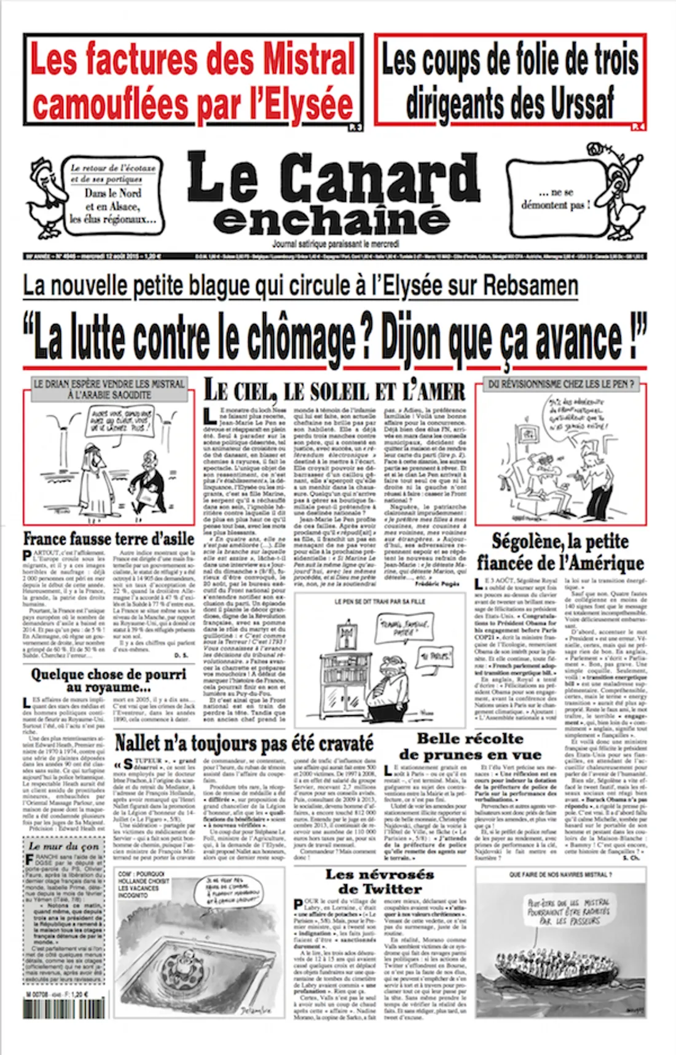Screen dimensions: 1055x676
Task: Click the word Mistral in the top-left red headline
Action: click(310, 60)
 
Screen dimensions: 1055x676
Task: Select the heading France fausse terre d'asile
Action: click(109, 539)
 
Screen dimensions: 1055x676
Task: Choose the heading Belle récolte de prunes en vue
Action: click(470, 746)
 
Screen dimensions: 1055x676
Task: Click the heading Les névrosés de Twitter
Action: click(379, 881)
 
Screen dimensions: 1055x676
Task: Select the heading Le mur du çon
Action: click(64, 845)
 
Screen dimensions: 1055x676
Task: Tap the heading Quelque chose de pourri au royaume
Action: click(109, 680)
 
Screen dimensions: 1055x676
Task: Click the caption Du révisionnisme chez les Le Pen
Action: click(560, 384)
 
